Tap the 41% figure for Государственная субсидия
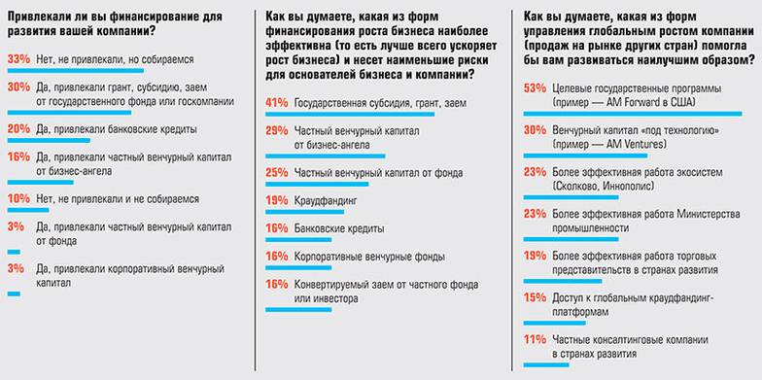click(x=277, y=101)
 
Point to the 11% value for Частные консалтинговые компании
click(x=535, y=340)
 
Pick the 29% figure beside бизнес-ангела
click(x=277, y=130)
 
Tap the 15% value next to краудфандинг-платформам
click(x=535, y=299)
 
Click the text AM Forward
click(x=638, y=101)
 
